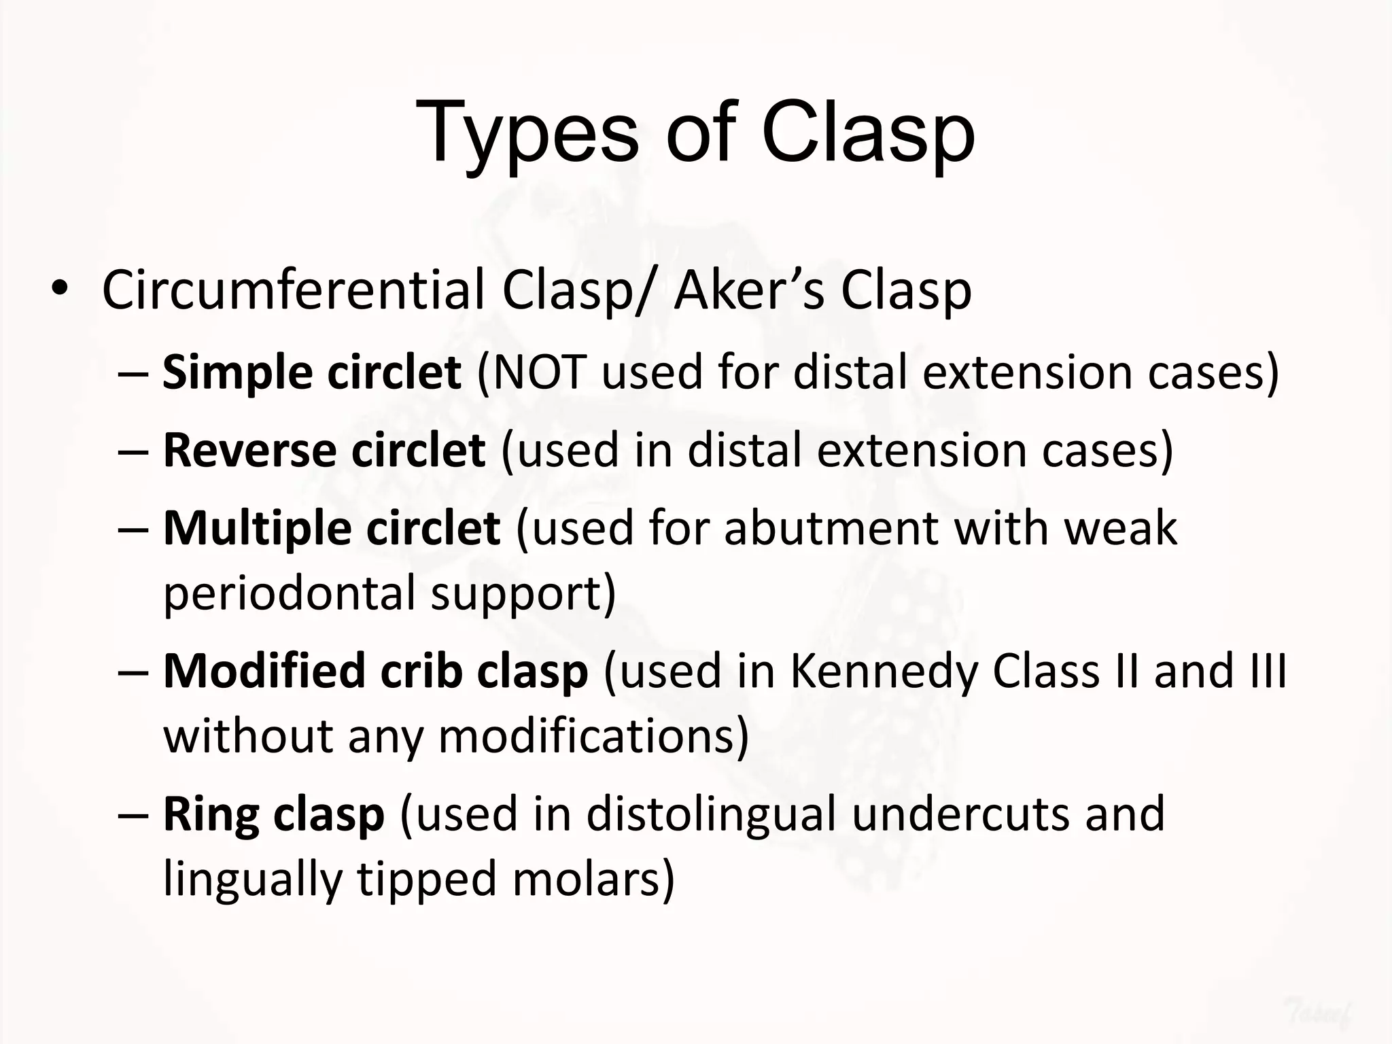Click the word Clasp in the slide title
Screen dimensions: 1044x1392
tap(867, 133)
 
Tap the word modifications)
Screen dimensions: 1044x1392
tap(593, 737)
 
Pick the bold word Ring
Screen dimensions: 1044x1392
tap(210, 814)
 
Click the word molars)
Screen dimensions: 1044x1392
tap(593, 880)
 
